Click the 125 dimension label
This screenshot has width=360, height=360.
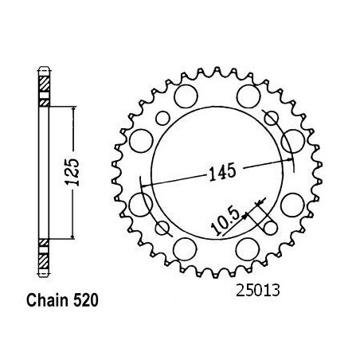(x=72, y=172)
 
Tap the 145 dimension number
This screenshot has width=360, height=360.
(x=222, y=172)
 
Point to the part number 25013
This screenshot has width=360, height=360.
(x=258, y=291)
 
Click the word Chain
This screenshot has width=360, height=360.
(x=48, y=300)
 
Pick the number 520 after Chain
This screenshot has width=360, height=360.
(x=85, y=300)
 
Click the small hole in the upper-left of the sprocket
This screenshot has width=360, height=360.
(x=162, y=119)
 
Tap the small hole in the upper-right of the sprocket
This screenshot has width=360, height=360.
(x=272, y=118)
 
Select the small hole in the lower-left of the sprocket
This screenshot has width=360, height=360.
(x=162, y=228)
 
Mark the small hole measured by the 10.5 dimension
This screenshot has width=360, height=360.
(x=270, y=228)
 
